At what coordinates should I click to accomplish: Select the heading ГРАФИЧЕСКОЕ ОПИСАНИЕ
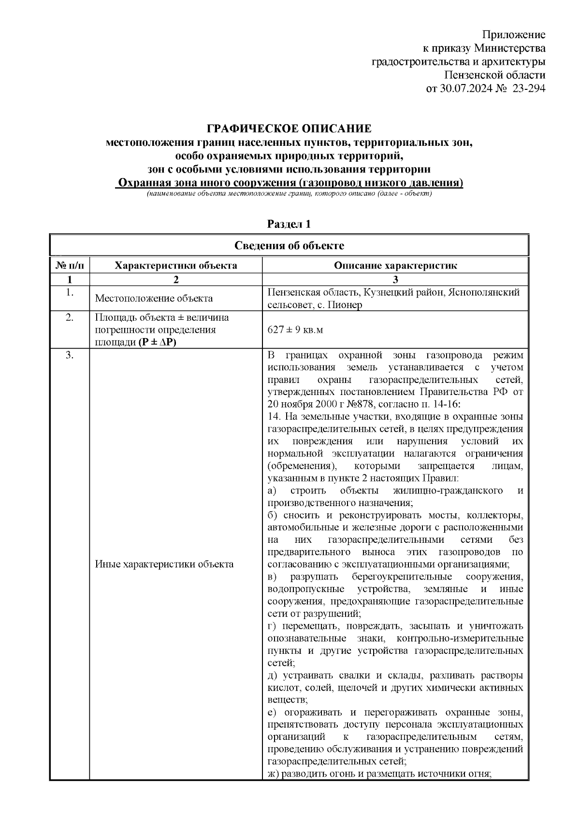(x=289, y=129)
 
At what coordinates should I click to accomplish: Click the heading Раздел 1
(x=289, y=224)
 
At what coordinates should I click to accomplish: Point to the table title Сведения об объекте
(x=289, y=245)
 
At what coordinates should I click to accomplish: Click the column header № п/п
(x=70, y=265)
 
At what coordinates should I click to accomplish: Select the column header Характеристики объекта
(x=175, y=265)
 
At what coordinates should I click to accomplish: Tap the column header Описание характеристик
(x=395, y=265)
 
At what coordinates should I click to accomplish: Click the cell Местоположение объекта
(x=154, y=298)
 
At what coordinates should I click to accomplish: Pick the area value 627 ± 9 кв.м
(x=295, y=330)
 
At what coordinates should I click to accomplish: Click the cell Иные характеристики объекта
(x=164, y=564)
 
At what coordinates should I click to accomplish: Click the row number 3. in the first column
(x=70, y=356)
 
